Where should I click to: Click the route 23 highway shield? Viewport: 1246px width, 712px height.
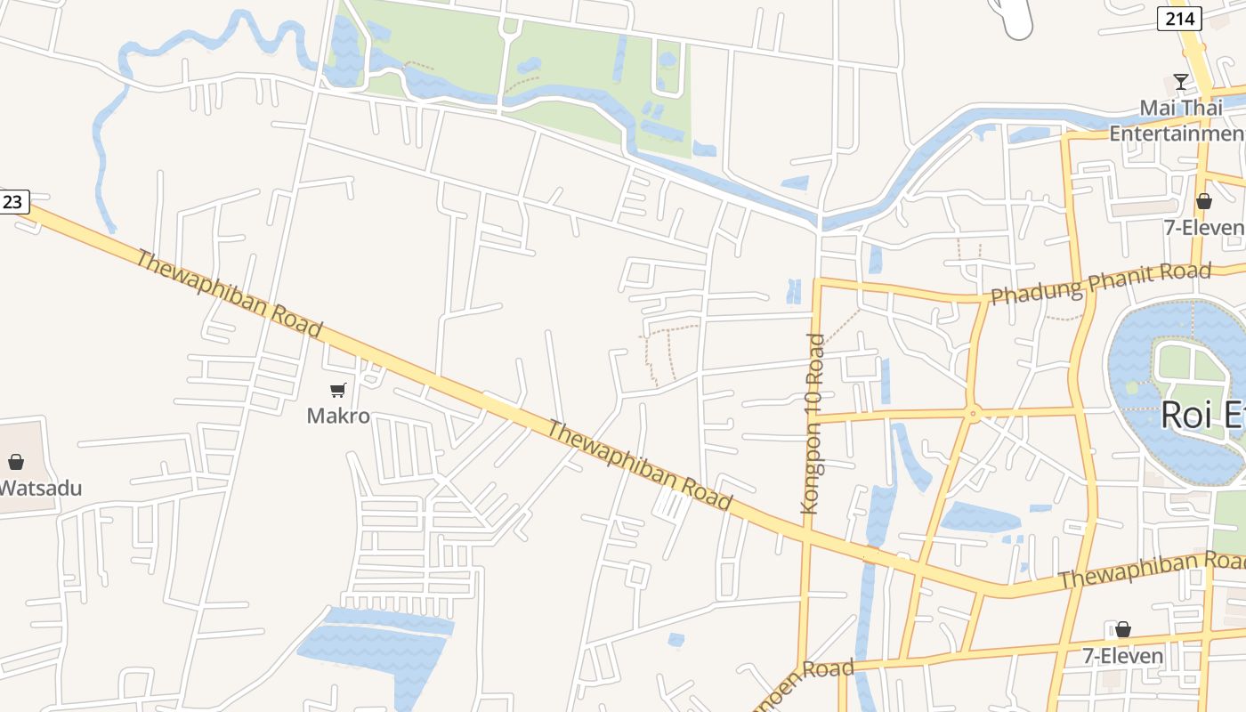(x=12, y=202)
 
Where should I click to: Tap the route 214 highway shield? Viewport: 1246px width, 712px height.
(x=1179, y=19)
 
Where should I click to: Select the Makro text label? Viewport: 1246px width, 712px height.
(x=338, y=416)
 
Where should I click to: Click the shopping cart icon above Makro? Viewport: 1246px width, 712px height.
(x=337, y=391)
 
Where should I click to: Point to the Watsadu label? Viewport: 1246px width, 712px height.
(x=41, y=488)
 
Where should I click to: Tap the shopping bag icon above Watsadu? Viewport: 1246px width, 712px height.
(x=15, y=462)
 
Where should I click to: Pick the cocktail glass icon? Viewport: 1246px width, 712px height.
(x=1181, y=82)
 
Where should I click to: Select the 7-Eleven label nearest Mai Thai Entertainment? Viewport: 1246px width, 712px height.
(x=1204, y=228)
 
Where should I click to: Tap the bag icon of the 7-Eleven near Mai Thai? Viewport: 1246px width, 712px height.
(x=1204, y=201)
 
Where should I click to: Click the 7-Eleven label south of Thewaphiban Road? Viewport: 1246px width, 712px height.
(x=1123, y=656)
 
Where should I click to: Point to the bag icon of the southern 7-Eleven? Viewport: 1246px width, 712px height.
(x=1123, y=630)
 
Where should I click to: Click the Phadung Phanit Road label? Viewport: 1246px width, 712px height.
(x=1101, y=283)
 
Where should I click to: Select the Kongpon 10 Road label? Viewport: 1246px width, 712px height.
(x=813, y=424)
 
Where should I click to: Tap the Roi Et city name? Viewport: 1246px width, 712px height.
(x=1201, y=416)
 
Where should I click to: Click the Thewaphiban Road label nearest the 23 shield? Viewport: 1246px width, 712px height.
(x=228, y=293)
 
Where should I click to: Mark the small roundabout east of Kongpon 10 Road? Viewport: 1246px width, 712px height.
(x=973, y=413)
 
